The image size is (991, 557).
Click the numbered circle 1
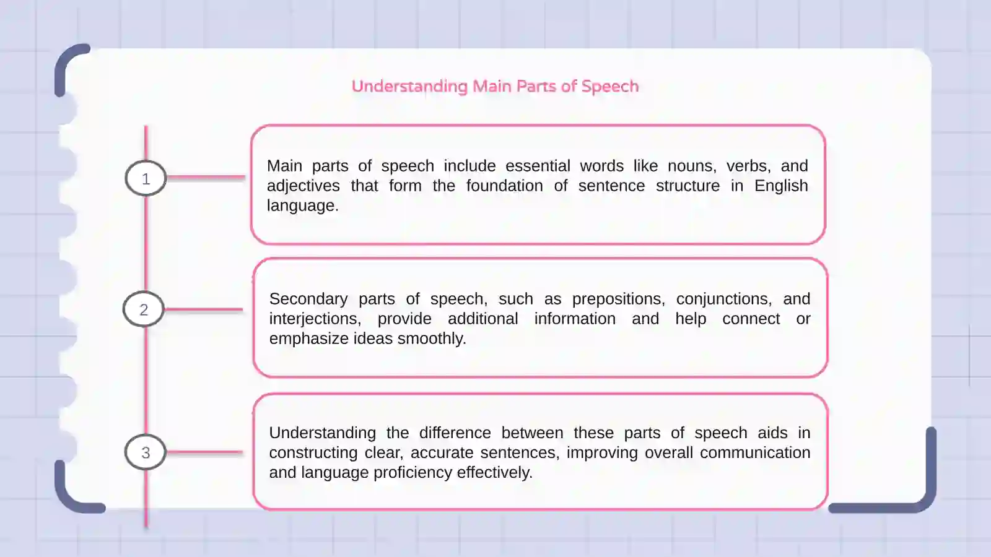146,178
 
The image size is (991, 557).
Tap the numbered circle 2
144,309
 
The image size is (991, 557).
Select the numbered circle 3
146,452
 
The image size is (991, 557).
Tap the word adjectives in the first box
303,186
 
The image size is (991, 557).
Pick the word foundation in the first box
504,186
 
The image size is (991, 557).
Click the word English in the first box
780,186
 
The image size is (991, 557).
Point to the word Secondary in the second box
308,299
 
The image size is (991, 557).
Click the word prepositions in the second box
618,299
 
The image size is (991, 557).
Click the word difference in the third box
455,433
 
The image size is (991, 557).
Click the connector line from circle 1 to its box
206,178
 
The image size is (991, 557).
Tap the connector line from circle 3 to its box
204,452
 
